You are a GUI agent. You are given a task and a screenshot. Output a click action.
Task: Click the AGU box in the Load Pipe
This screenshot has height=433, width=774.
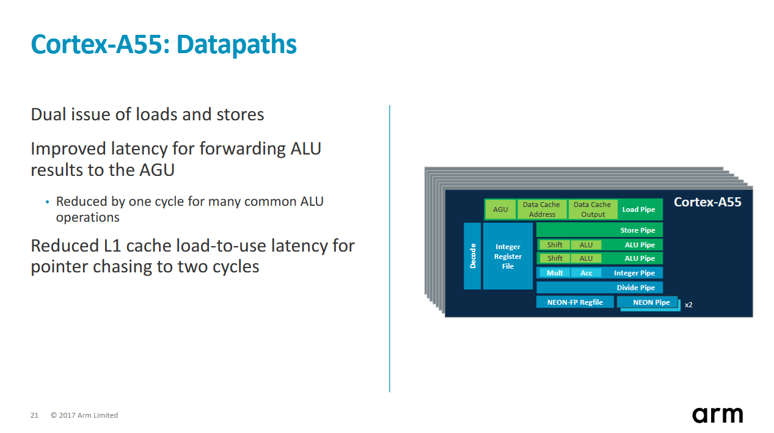500,209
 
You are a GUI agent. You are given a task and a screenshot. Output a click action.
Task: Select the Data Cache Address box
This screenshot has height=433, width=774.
541,209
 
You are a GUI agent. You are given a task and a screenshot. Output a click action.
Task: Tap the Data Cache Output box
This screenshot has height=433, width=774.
593,209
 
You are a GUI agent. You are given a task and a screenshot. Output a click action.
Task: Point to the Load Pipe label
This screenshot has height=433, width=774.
638,209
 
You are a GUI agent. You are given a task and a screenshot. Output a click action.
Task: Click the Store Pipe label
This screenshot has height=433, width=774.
638,230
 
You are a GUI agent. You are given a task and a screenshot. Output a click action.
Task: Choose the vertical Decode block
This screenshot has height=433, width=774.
472,256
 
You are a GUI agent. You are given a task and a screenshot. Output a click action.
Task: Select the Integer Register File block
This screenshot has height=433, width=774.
508,256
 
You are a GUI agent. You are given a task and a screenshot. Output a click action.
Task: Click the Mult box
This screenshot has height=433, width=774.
555,273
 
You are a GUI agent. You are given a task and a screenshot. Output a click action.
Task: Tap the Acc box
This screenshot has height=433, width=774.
586,273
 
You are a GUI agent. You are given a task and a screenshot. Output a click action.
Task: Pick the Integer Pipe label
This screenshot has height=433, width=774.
634,273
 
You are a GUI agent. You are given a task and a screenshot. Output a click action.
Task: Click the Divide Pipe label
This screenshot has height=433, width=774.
636,288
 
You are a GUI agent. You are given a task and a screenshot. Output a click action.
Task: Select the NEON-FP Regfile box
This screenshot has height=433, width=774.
575,302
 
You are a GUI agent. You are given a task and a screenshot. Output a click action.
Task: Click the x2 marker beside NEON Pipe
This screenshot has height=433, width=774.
688,305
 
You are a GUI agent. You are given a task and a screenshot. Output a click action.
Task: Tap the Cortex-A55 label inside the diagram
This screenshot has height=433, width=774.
707,202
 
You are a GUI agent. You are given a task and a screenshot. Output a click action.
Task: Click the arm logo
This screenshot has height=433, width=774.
717,415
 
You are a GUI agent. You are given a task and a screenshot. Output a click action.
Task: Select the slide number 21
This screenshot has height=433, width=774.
34,415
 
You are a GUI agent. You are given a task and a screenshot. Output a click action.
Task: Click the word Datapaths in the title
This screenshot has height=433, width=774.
236,44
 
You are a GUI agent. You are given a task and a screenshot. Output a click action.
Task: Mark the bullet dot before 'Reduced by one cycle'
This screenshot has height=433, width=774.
47,202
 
